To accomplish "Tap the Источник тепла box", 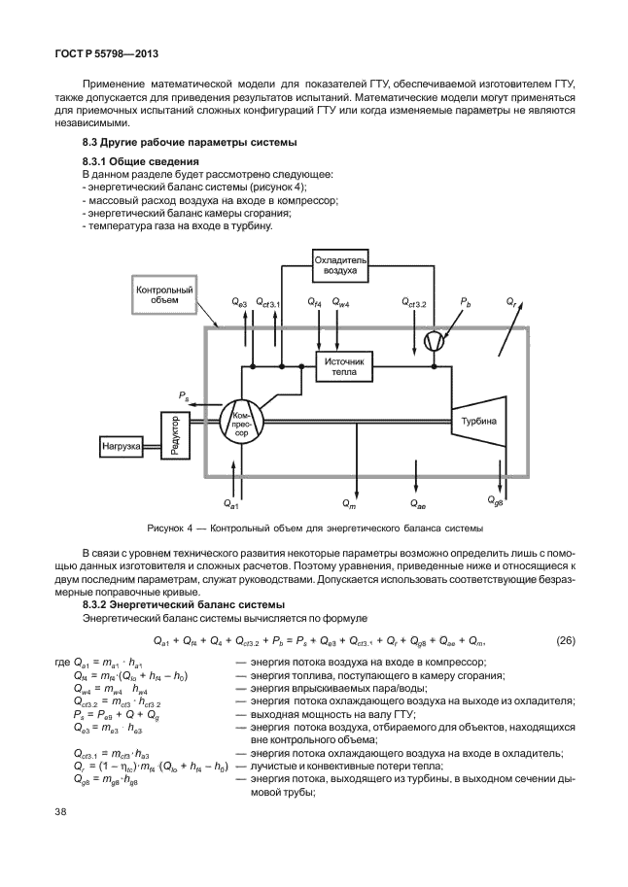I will (343, 365).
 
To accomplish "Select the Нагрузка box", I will (120, 447).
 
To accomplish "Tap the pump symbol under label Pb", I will (434, 339).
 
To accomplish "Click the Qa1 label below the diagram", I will (230, 504).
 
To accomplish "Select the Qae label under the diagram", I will (419, 505).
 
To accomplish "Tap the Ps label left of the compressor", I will (185, 394).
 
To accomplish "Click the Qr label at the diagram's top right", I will (511, 304).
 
